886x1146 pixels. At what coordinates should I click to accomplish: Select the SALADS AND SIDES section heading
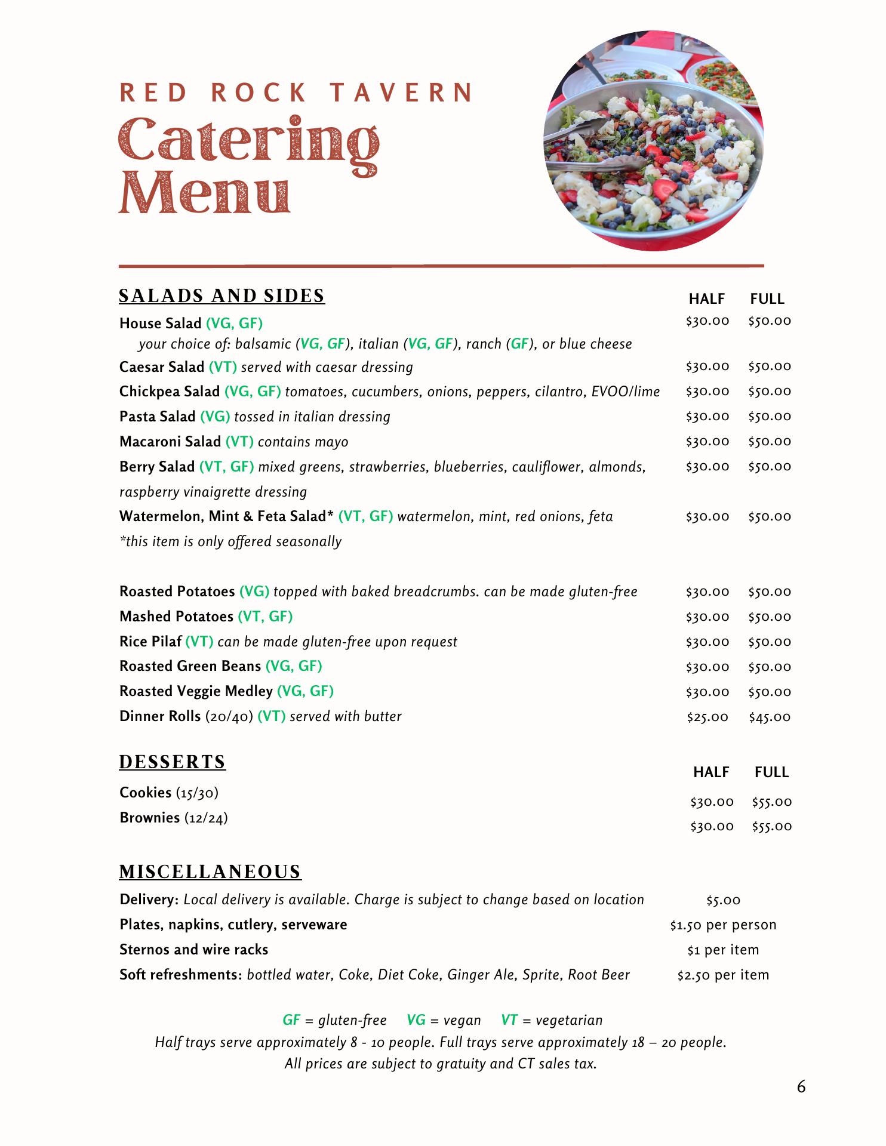click(221, 296)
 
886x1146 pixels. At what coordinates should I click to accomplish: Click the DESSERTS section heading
click(173, 762)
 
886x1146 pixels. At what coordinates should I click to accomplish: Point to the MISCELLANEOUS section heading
click(210, 872)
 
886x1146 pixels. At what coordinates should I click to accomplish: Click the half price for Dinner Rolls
click(707, 717)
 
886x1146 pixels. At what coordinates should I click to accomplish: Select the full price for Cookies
click(771, 802)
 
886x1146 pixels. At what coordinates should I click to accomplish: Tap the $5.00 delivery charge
click(723, 900)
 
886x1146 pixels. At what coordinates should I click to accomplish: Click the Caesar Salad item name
click(162, 367)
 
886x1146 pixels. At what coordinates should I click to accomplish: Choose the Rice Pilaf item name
click(150, 642)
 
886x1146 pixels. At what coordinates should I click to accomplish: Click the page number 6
click(801, 1087)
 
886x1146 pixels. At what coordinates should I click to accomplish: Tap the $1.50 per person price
click(723, 925)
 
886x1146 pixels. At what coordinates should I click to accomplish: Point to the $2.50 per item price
click(723, 975)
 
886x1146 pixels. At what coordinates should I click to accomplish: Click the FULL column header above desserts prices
click(771, 772)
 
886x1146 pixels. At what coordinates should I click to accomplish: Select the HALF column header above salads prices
click(707, 299)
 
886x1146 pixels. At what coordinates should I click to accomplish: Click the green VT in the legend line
click(509, 1020)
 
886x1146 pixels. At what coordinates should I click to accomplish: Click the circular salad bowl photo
click(653, 141)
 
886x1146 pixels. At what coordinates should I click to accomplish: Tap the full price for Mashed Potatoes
click(770, 617)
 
